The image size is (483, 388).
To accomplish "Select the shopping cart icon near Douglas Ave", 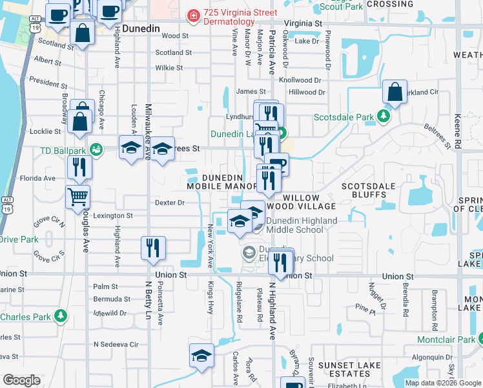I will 77,197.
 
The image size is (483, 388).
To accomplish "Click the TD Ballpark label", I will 63,149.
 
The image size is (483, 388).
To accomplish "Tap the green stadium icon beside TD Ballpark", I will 96,149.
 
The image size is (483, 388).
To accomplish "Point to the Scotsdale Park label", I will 344,117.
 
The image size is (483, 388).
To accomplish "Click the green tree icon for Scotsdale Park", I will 384,116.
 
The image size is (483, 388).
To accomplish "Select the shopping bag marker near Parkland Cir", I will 395,92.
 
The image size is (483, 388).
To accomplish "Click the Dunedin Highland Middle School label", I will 294,225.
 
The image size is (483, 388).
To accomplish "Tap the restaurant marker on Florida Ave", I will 79,167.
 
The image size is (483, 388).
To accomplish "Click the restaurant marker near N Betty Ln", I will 153,248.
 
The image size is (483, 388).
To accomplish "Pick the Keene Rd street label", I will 457,132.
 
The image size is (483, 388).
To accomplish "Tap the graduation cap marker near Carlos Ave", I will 201,356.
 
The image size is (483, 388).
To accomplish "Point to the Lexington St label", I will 113,215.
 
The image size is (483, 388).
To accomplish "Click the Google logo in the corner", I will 21,380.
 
